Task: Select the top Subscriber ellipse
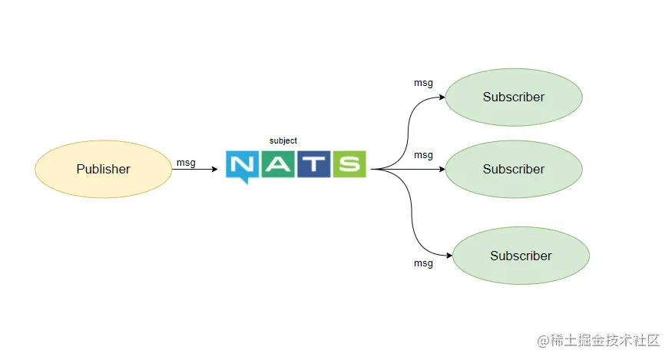514,97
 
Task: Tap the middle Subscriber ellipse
514,169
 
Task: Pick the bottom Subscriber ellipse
521,256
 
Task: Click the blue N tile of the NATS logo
242,163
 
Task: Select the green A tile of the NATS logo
277,163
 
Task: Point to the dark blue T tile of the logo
313,163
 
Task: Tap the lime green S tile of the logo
349,163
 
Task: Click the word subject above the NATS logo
283,140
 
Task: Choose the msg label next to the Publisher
186,162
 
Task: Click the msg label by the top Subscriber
423,83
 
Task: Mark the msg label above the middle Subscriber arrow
423,155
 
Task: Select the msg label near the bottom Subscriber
423,263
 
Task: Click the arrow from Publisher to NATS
195,169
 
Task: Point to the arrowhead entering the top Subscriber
442,97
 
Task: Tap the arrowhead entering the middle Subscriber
442,169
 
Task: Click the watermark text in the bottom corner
599,340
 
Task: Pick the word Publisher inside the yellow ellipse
103,170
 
